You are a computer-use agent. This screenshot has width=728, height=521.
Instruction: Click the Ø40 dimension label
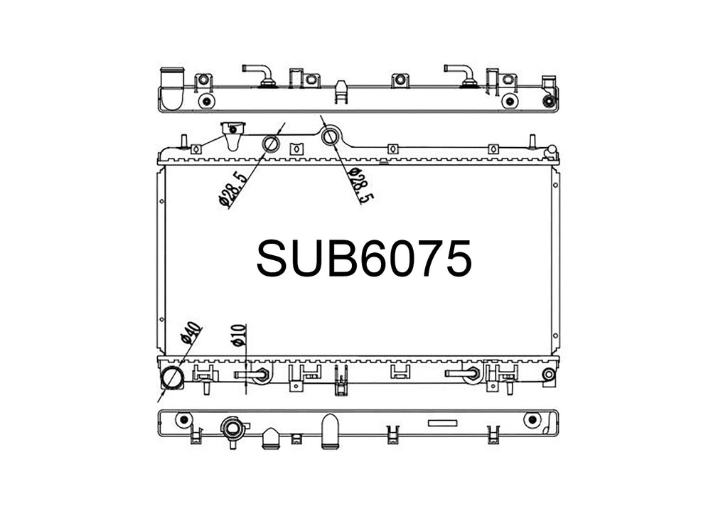coord(191,333)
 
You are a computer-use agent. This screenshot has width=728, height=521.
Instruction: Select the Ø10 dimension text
coord(238,335)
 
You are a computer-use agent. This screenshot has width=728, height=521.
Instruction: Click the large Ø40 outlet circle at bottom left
coord(172,377)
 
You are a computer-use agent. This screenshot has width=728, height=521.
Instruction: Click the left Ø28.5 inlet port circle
coord(272,145)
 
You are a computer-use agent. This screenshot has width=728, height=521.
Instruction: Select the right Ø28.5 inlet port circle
coord(331,136)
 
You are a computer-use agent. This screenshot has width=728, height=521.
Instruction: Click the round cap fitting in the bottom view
coord(233,429)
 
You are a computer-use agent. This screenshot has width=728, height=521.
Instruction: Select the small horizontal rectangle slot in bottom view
coord(442,422)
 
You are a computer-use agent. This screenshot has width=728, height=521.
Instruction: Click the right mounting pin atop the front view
coord(531,140)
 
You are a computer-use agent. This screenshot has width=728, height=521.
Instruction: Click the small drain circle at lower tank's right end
coord(548,375)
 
